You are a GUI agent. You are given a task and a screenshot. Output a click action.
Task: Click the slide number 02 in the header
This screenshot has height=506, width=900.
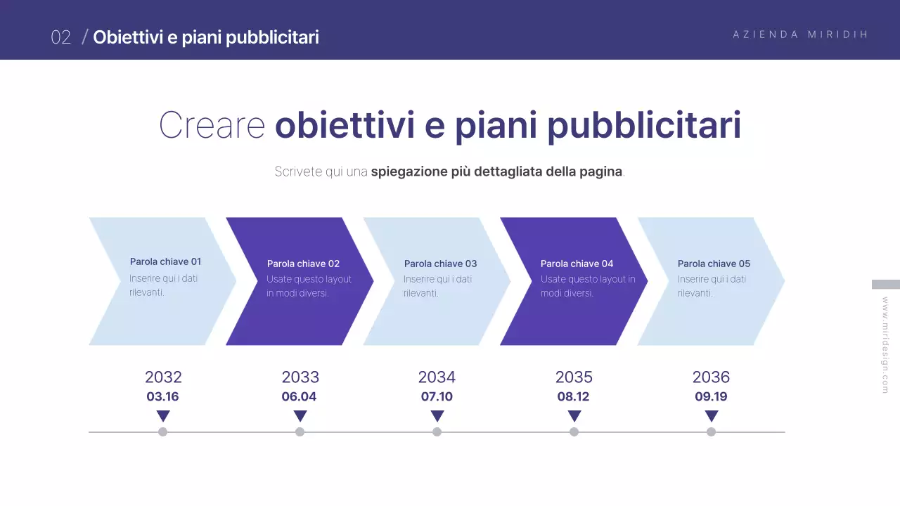point(61,37)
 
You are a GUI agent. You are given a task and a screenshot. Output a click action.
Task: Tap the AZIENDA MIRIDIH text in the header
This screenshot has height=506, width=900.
point(801,34)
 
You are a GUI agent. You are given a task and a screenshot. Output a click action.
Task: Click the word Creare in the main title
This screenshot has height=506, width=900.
point(212,125)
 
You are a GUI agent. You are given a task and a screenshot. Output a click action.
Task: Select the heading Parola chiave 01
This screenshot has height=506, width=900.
point(165,261)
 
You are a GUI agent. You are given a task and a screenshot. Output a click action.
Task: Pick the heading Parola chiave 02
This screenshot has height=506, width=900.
point(303,264)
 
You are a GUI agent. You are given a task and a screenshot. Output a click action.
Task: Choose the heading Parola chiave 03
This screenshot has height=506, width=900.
point(440,264)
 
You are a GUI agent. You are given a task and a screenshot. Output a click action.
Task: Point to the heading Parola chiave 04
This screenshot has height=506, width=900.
point(577,264)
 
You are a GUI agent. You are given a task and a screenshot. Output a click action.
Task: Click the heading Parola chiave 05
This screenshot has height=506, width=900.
point(714,264)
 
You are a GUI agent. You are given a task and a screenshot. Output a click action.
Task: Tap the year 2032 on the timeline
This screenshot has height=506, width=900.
point(163,377)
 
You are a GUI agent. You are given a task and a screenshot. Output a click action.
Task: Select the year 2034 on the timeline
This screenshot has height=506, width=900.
point(437,377)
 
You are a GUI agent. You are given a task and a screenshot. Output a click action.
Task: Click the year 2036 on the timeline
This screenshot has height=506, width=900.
point(711,377)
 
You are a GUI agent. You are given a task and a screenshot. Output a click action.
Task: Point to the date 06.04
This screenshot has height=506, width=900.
point(299,396)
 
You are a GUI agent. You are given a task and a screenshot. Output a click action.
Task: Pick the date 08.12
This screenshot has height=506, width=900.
point(573,396)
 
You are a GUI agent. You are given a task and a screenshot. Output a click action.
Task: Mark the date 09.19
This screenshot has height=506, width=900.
point(711,396)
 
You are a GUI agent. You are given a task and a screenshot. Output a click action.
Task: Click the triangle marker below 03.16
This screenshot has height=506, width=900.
point(163,415)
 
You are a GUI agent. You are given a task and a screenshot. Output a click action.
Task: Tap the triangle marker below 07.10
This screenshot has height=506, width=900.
point(437,415)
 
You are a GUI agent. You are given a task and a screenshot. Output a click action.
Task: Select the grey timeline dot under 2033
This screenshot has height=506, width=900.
point(300,432)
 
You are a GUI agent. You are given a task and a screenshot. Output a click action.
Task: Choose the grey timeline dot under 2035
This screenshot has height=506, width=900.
point(574,432)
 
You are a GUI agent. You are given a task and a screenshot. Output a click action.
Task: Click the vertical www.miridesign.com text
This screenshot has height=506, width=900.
point(885,344)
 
